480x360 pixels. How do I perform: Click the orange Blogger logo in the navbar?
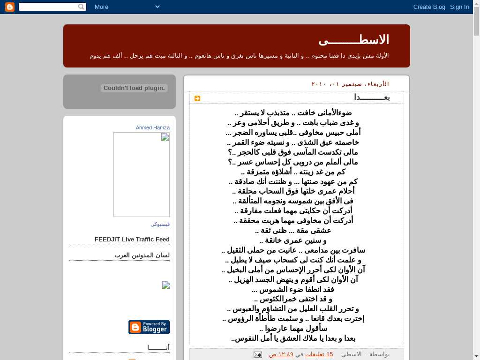coord(9,7)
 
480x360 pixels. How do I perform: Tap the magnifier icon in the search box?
coord(82,7)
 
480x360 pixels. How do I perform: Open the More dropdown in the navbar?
coord(127,7)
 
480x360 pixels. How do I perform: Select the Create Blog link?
coord(429,7)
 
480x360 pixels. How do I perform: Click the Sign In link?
coord(459,7)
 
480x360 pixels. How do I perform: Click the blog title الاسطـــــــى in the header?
coord(354,40)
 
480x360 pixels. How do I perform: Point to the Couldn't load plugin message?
coord(134,88)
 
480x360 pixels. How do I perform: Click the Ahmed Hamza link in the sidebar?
coord(153,127)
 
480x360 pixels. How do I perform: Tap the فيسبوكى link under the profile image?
coord(160,224)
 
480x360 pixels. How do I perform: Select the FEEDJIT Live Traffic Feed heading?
coord(132,239)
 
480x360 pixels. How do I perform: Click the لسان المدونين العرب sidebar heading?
coord(142,255)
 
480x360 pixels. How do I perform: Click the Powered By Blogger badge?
coord(149,327)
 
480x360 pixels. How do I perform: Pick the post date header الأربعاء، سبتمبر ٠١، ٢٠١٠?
coord(350,84)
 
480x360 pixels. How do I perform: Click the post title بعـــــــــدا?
coord(372,97)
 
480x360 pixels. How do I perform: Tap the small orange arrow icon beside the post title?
coord(197,98)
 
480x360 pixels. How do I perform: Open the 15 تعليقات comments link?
coord(319,354)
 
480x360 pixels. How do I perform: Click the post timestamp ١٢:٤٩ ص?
coord(281,354)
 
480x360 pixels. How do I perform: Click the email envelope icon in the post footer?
coord(257,354)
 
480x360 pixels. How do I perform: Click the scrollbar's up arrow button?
coord(476,4)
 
